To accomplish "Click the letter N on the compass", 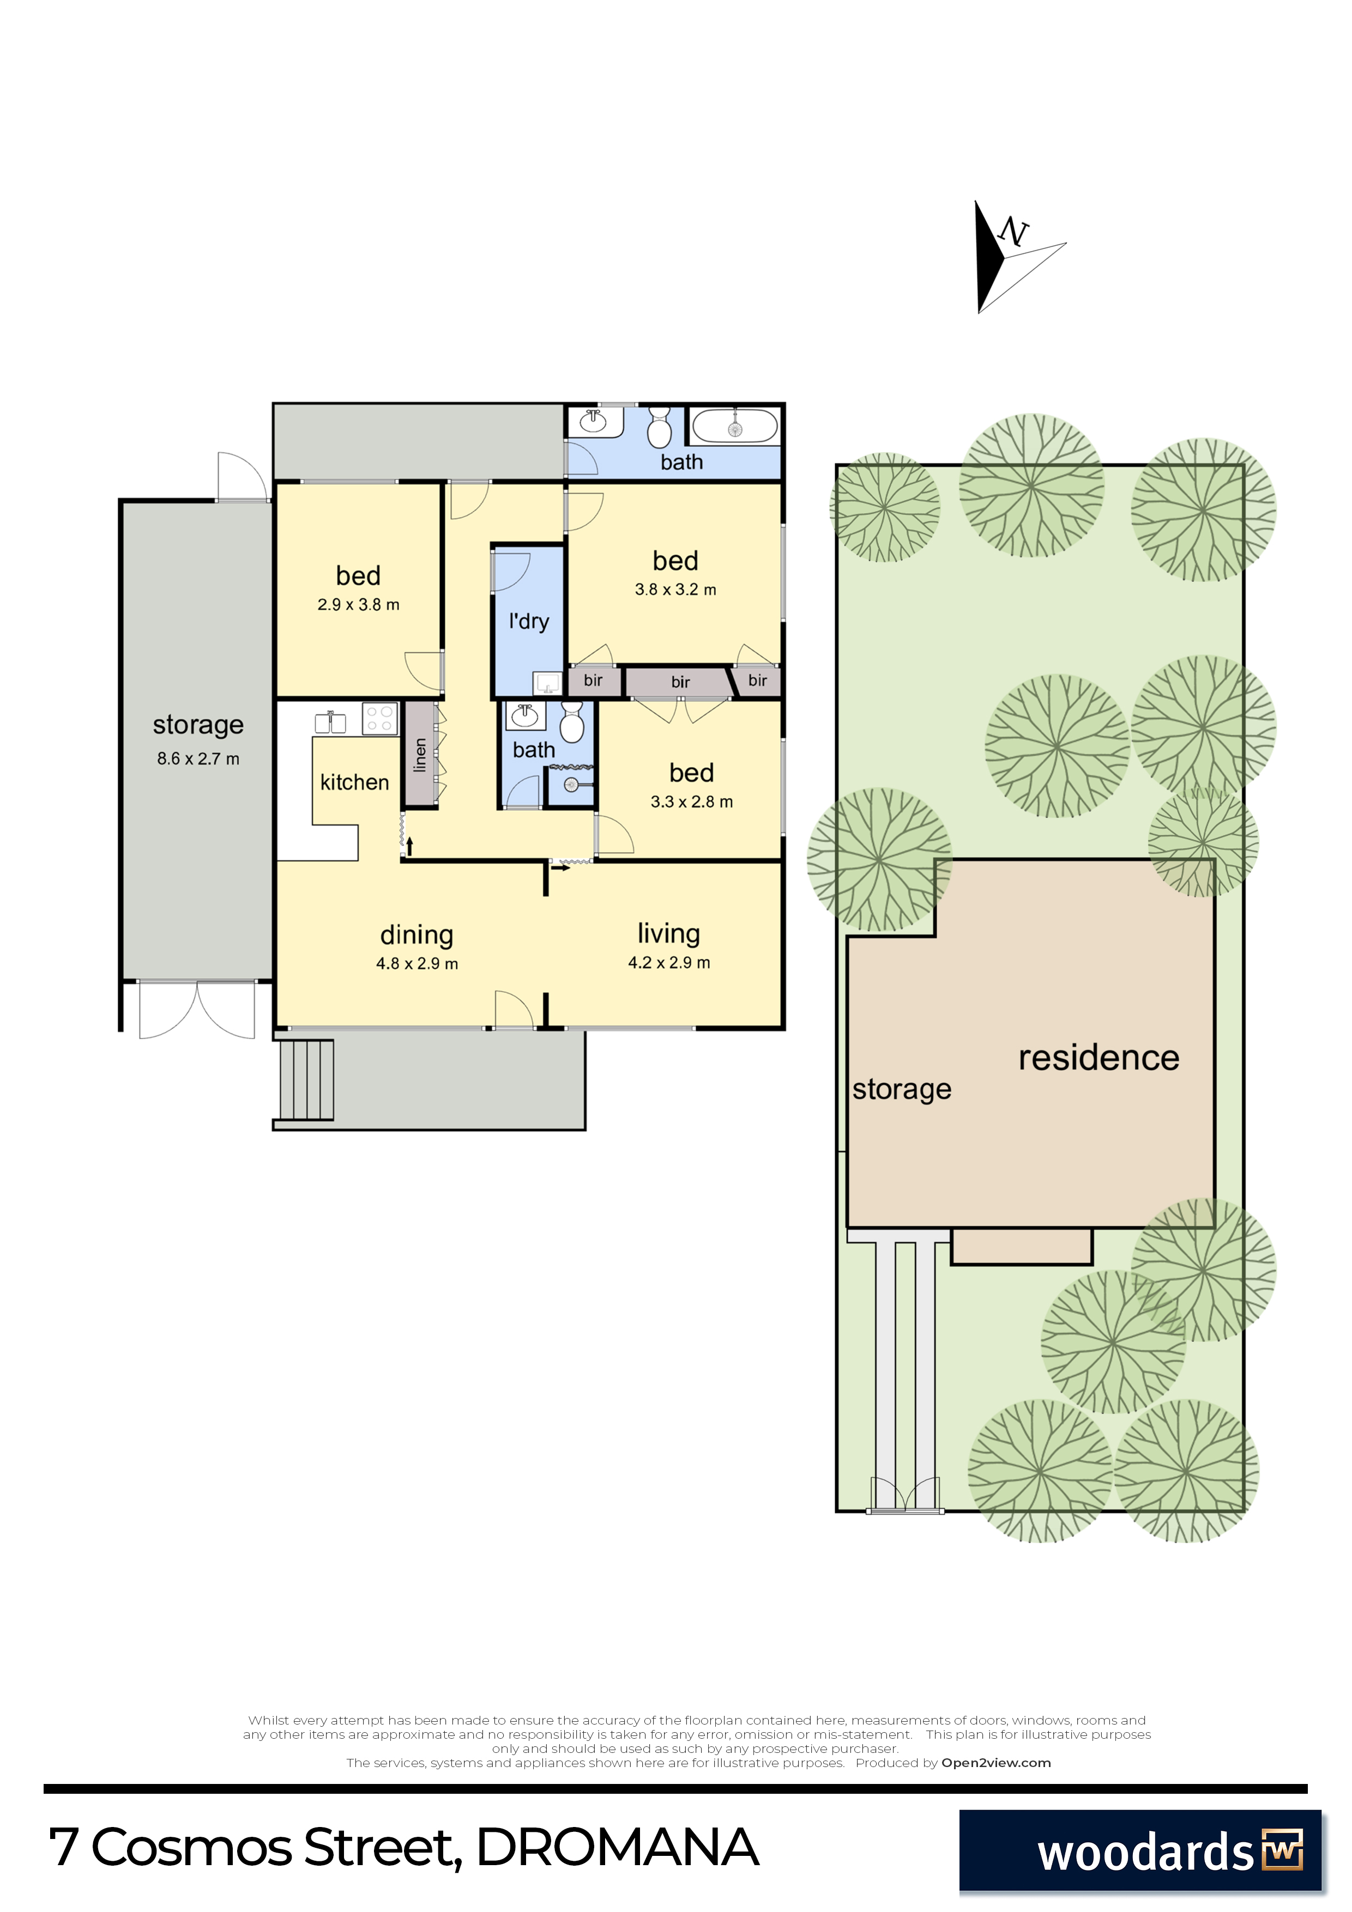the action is [1014, 232].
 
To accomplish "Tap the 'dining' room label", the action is [417, 935].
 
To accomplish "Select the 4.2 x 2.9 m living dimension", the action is [669, 963].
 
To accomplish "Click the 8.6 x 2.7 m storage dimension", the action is [198, 758].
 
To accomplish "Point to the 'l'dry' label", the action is [529, 621].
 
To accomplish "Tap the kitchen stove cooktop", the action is [380, 719].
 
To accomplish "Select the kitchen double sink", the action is [331, 721].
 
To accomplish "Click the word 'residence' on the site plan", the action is [1098, 1058].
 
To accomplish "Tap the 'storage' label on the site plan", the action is [901, 1089].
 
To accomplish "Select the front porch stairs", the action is [306, 1080].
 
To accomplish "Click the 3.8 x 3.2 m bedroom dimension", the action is [675, 590].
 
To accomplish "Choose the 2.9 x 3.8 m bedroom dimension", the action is [358, 605].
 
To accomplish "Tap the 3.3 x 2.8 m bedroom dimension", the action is [691, 802].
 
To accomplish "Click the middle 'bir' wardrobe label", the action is [680, 682].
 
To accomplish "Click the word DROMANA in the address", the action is [617, 1848].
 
